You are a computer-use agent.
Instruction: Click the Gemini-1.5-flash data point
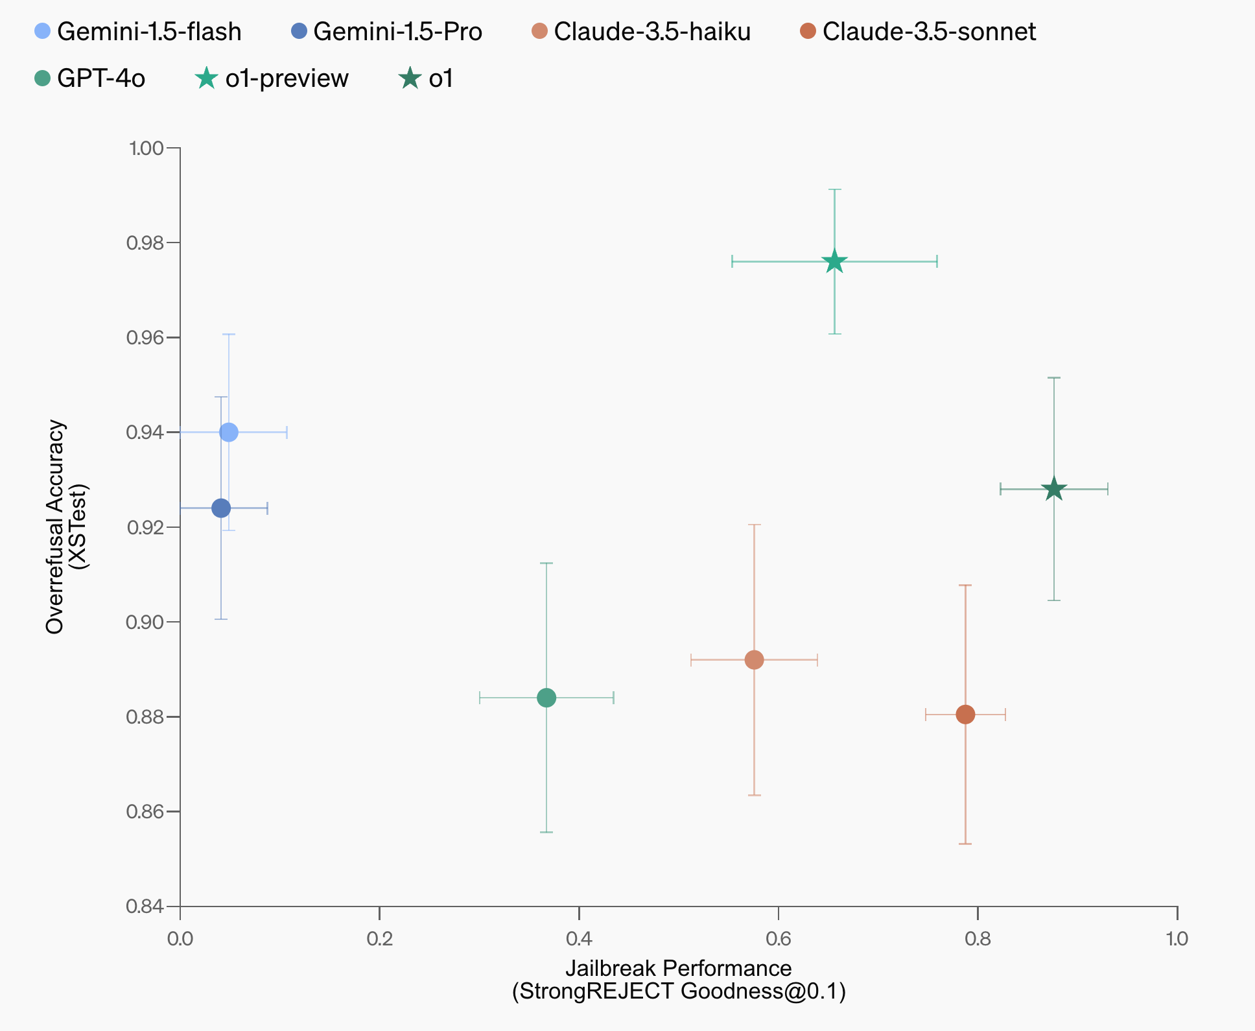[x=228, y=433]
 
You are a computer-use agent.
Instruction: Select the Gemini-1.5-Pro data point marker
[x=221, y=508]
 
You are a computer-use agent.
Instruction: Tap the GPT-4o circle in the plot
[x=546, y=698]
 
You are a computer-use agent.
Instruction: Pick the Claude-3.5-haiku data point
[x=754, y=660]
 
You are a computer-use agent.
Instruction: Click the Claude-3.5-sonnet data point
[x=965, y=715]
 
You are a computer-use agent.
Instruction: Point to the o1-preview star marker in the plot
[x=834, y=262]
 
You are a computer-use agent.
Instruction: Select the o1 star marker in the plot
[x=1054, y=489]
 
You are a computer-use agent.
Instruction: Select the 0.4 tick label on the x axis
[x=579, y=939]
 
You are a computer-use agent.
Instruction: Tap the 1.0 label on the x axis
[x=1177, y=939]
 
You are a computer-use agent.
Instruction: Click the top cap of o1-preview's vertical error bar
[x=834, y=189]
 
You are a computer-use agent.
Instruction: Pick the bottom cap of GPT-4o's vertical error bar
[x=546, y=832]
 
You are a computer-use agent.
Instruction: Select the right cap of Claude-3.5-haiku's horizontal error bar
[x=817, y=660]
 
